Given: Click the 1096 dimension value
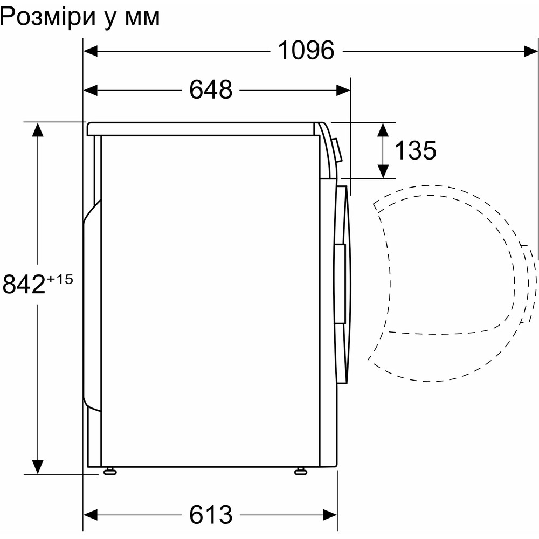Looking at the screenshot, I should coord(306,51).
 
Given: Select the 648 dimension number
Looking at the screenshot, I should coord(211,90).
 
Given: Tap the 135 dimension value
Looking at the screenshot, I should coord(415,150).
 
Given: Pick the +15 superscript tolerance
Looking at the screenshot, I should coord(59,279).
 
